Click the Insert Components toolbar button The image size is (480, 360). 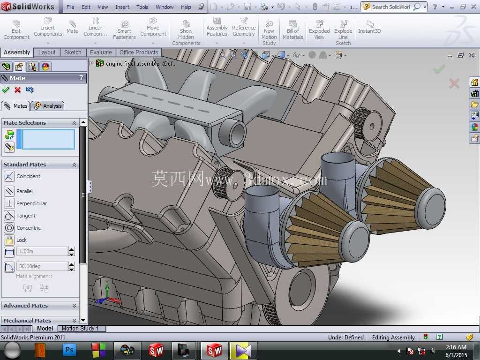(48, 28)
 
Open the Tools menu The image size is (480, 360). (142, 7)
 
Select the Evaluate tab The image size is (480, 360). (101, 52)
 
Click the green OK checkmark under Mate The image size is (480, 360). (6, 90)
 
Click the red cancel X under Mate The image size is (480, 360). (18, 90)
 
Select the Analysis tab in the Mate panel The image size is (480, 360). (48, 106)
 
